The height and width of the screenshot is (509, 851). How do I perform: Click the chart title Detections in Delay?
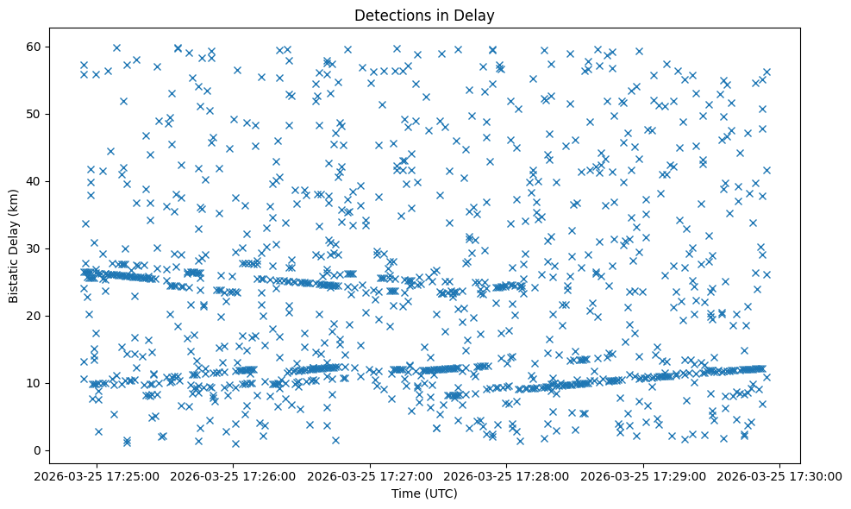pyautogui.click(x=424, y=15)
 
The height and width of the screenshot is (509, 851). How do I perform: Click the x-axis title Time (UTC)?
pyautogui.click(x=424, y=493)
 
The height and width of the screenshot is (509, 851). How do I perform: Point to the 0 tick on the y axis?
pyautogui.click(x=39, y=450)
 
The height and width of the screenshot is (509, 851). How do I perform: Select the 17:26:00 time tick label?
pyautogui.click(x=234, y=475)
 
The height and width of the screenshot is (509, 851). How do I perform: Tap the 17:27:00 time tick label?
pyautogui.click(x=371, y=475)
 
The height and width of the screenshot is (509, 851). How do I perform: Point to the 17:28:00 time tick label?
pyautogui.click(x=507, y=475)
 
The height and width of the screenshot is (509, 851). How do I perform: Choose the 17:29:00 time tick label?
pyautogui.click(x=644, y=475)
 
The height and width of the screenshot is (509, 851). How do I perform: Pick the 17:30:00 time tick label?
pyautogui.click(x=780, y=475)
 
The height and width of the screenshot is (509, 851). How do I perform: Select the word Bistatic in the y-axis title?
pyautogui.click(x=14, y=277)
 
